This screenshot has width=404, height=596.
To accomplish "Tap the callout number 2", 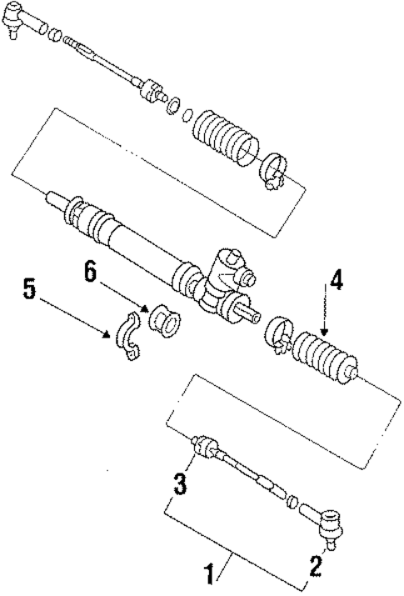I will click(x=316, y=567).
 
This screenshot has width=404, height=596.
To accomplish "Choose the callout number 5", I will click(x=28, y=292).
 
